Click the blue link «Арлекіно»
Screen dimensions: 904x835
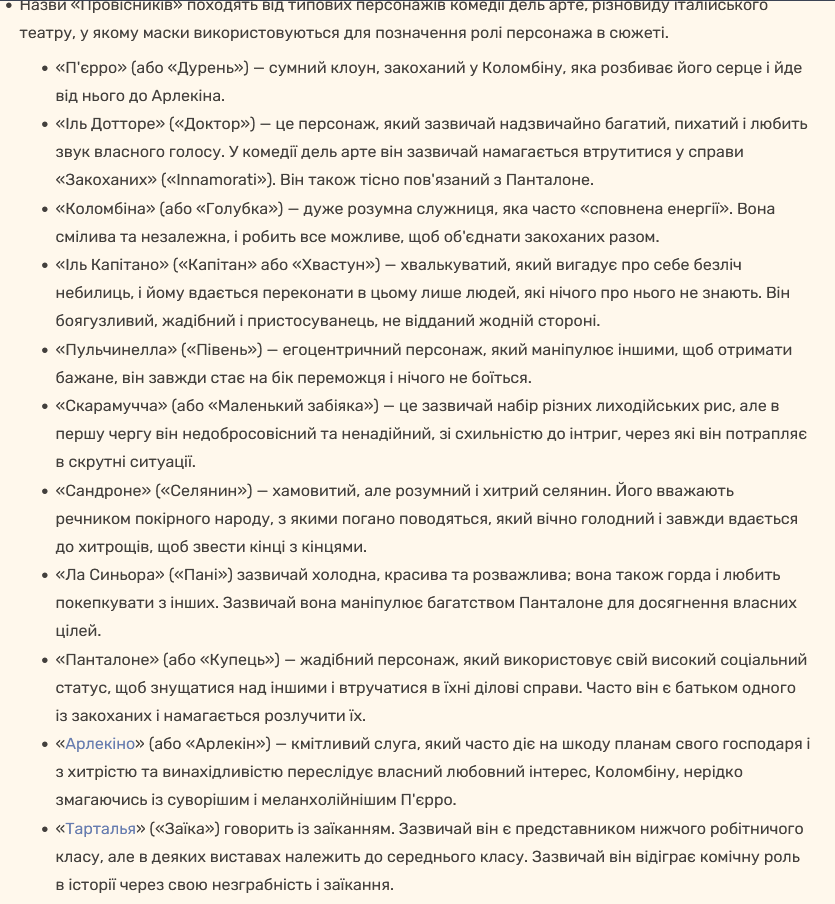(x=100, y=745)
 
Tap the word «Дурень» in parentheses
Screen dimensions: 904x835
(x=211, y=69)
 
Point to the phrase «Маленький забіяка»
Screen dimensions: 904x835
(x=298, y=406)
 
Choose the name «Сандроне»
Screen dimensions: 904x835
(x=104, y=490)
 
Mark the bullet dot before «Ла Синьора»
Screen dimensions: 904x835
(x=44, y=576)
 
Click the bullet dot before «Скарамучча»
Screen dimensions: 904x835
(x=44, y=407)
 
